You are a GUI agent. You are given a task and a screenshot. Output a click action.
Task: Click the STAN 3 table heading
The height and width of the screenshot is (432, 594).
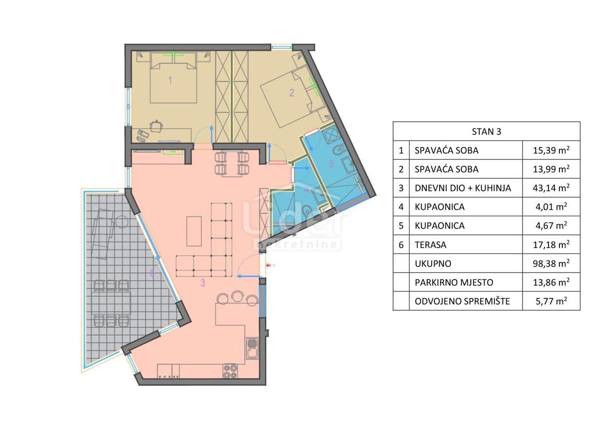(x=486, y=131)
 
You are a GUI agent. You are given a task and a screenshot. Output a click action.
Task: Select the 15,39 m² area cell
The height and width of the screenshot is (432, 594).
(x=551, y=150)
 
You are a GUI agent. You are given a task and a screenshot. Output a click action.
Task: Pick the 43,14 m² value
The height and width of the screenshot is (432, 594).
(x=551, y=188)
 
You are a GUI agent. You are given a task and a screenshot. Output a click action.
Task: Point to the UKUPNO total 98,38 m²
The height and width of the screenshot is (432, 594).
(x=551, y=263)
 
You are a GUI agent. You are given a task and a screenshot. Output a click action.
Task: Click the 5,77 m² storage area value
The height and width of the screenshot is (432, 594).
(x=551, y=301)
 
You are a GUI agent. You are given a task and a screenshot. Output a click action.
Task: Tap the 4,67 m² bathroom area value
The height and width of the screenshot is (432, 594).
(x=551, y=226)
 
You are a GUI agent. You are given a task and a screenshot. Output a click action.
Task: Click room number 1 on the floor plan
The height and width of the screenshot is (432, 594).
(x=170, y=80)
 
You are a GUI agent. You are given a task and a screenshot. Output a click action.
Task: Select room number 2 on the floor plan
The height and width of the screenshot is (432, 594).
(x=292, y=92)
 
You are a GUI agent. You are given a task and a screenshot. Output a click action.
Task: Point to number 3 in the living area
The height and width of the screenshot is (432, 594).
(x=202, y=283)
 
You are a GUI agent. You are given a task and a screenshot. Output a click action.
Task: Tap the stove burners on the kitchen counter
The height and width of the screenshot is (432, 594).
(x=231, y=371)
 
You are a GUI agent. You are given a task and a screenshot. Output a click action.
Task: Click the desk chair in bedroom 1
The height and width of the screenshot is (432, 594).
(x=156, y=126)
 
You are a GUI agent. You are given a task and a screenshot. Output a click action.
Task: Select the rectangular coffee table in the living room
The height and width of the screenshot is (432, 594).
(x=194, y=231)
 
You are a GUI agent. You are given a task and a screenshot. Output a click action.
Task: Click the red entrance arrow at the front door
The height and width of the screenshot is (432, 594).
(x=270, y=266)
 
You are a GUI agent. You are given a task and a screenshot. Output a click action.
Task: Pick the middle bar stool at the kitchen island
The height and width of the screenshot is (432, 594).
(x=238, y=296)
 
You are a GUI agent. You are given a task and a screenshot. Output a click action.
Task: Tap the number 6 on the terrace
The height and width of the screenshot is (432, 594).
(x=152, y=273)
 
